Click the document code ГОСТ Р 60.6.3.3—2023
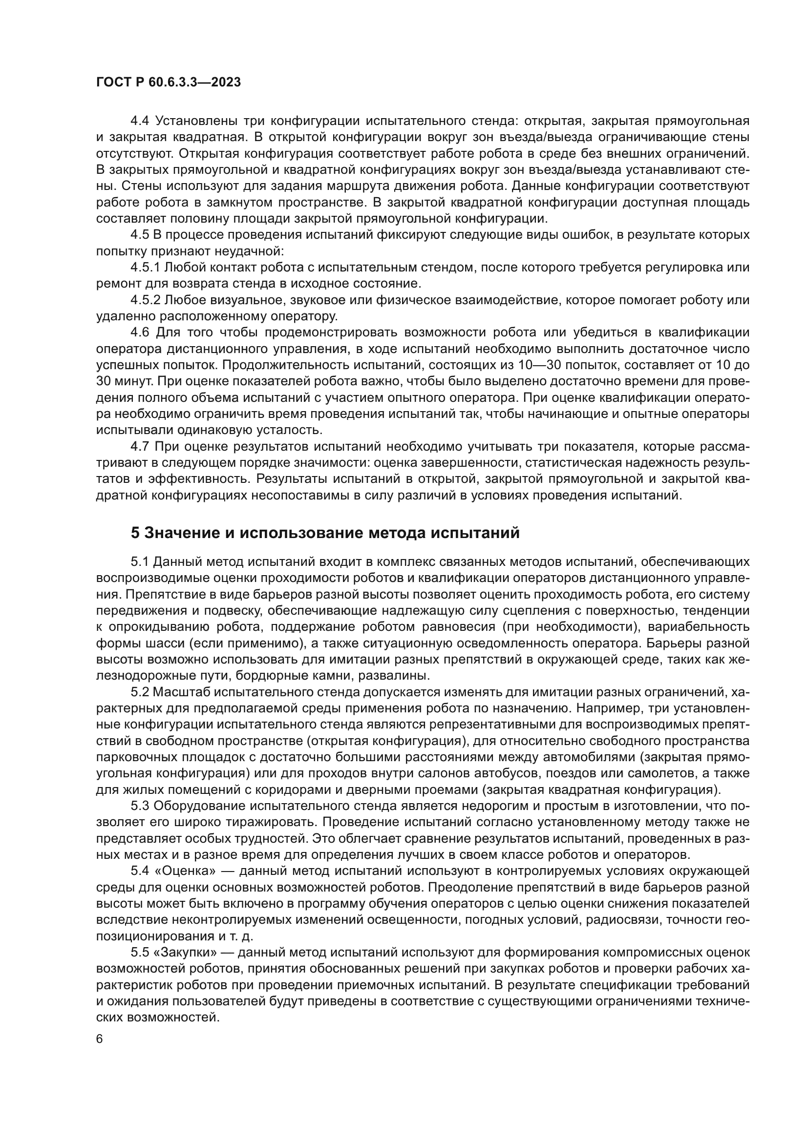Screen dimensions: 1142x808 point(168,82)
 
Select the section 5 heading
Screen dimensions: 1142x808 point(325,533)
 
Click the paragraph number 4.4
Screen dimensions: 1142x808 point(140,121)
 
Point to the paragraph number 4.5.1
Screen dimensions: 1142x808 point(145,268)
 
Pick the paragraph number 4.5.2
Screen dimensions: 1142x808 point(145,300)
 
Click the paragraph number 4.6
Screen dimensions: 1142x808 point(140,332)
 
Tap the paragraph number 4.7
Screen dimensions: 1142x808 point(140,447)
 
